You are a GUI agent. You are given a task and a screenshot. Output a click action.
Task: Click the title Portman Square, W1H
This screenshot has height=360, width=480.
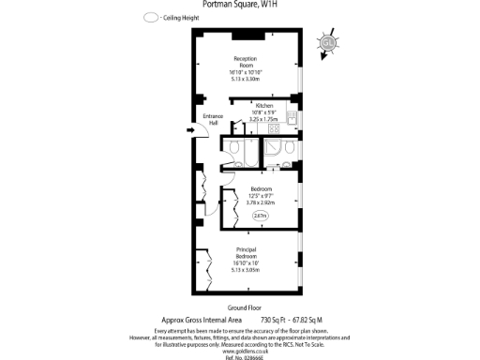239,4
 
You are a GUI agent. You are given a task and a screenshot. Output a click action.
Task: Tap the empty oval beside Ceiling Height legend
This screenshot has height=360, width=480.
150,18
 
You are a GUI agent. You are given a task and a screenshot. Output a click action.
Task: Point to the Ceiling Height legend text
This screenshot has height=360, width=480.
182,18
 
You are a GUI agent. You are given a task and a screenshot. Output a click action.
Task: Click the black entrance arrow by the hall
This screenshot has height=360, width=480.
190,131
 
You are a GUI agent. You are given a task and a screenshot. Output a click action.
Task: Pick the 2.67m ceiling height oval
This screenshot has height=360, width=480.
260,217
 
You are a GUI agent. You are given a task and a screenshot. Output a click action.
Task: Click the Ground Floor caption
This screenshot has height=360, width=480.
241,307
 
